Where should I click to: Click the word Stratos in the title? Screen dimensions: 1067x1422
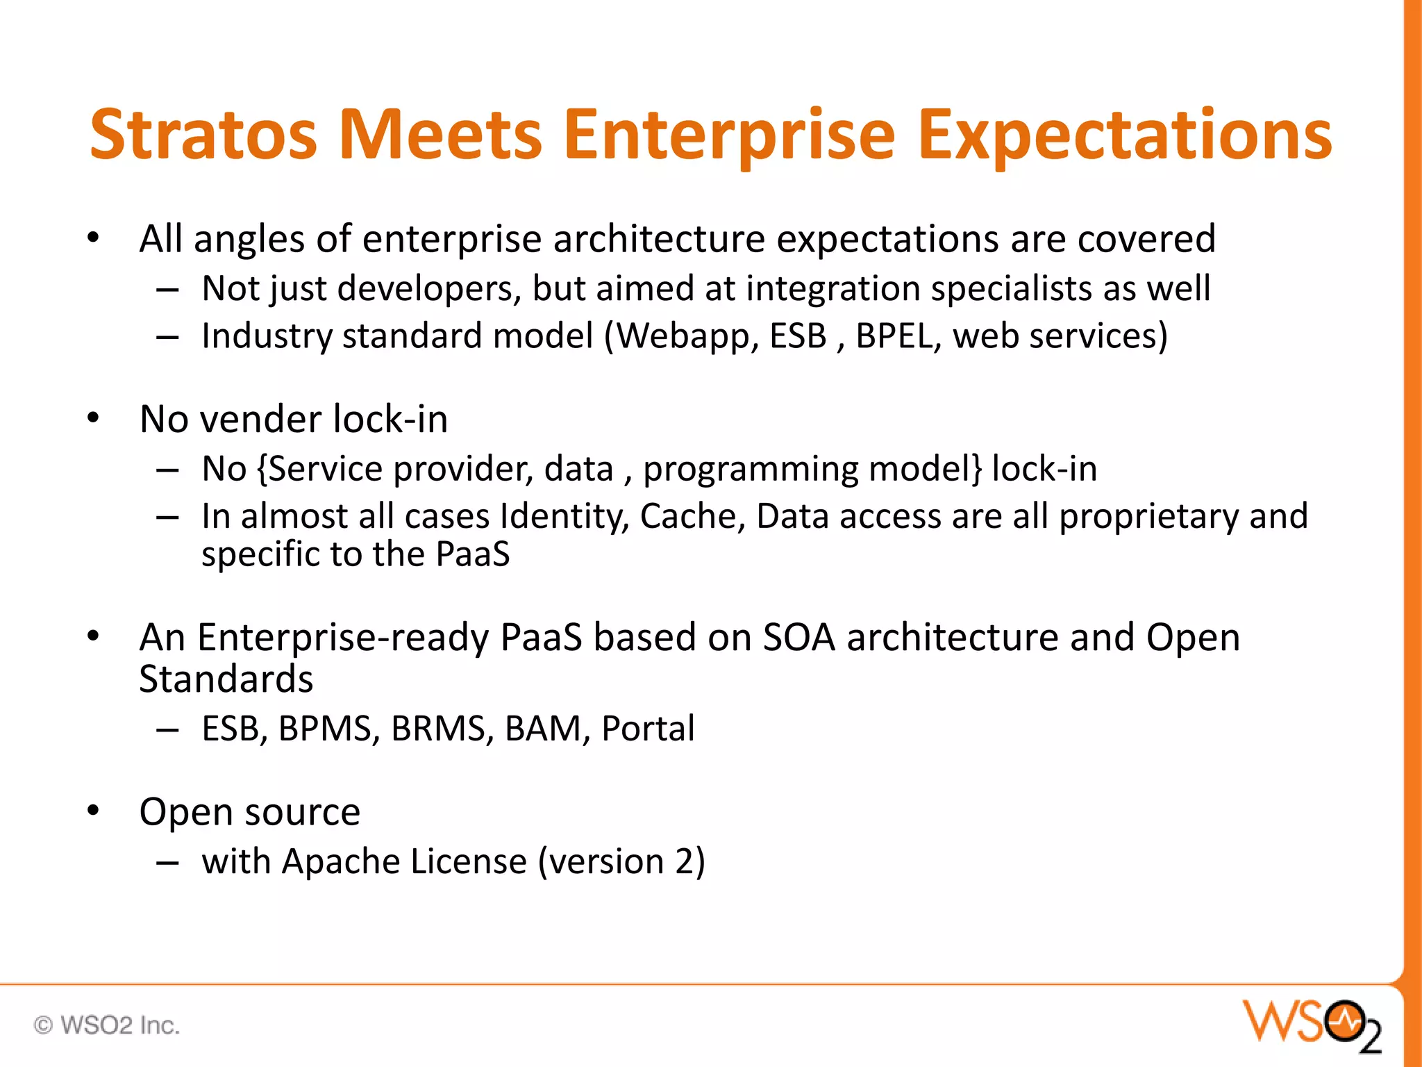[203, 135]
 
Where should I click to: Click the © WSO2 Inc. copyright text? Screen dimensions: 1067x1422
[107, 1025]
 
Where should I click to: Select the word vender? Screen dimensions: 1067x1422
[260, 420]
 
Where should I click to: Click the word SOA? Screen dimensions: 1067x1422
[798, 637]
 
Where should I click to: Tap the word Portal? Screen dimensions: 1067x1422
[647, 729]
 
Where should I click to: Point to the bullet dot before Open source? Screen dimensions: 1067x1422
[94, 811]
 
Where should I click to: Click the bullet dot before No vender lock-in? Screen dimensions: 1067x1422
[94, 419]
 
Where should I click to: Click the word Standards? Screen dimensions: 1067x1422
[226, 679]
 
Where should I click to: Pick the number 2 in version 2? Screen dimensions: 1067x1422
[684, 862]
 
